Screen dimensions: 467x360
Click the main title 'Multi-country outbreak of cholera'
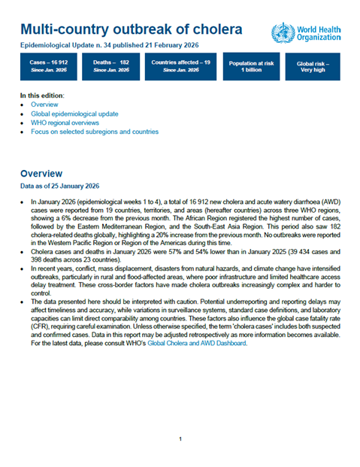[x=132, y=30]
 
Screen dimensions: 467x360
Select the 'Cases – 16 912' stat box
[x=48, y=68]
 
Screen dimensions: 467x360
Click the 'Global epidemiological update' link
[x=76, y=114]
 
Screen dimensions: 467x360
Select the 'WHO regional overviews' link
[x=68, y=123]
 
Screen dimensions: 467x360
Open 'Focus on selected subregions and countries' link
[x=95, y=132]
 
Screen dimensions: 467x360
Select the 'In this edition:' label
[x=43, y=96]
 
